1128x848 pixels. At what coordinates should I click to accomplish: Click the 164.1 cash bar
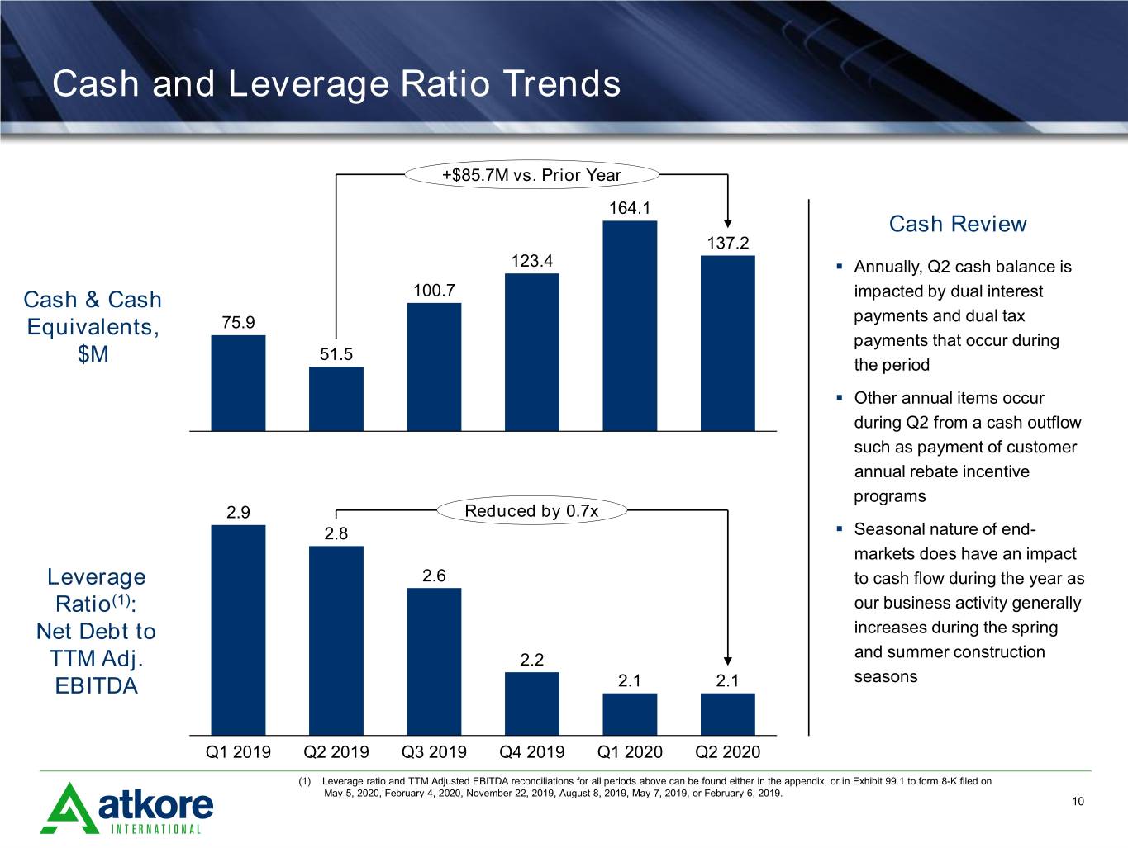click(630, 325)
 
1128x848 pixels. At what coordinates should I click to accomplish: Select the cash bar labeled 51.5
click(336, 399)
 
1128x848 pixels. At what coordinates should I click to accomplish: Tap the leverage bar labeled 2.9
click(238, 630)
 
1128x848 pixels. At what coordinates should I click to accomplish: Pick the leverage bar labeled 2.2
click(532, 704)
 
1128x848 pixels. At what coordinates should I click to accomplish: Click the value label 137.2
click(728, 243)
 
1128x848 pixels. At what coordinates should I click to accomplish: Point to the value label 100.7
click(434, 291)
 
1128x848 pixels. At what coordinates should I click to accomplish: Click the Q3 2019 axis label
click(434, 752)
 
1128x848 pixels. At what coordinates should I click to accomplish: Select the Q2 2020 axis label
click(728, 752)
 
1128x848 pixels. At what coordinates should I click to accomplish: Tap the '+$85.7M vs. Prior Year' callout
click(532, 174)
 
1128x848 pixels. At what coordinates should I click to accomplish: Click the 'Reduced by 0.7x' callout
click(532, 511)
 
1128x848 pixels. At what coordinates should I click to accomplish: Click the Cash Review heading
click(958, 224)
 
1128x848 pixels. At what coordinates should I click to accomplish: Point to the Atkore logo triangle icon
click(69, 808)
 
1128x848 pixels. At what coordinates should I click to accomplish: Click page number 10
click(1078, 801)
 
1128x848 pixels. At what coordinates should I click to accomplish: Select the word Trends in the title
click(562, 83)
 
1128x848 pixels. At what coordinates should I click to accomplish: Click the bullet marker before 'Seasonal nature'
click(840, 528)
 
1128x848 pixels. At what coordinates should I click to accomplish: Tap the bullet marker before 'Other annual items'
click(840, 397)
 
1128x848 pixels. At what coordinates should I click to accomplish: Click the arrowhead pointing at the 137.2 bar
click(728, 223)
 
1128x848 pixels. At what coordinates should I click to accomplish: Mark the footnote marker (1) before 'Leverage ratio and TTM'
click(305, 781)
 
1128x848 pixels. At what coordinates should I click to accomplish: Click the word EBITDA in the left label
click(96, 686)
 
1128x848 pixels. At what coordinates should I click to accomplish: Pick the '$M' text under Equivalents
click(93, 353)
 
